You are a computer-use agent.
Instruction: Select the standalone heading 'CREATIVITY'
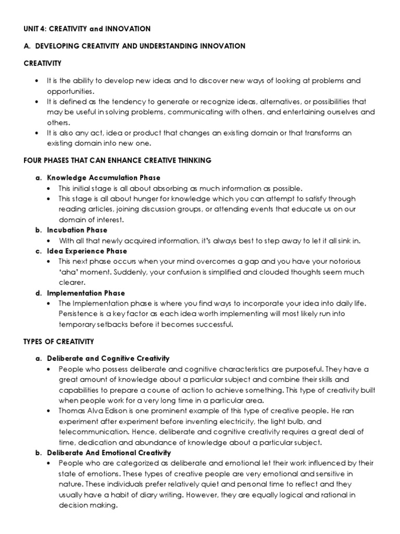[x=43, y=63]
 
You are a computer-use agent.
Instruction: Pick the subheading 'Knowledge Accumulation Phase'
[x=104, y=178]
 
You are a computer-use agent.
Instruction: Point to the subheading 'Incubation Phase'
[x=77, y=230]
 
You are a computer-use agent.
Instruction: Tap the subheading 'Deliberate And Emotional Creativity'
[x=109, y=453]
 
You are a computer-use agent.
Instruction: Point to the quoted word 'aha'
[x=68, y=272]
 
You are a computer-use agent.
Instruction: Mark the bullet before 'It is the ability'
[x=35, y=81]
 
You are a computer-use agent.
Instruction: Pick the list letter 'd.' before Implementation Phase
[x=38, y=293]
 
